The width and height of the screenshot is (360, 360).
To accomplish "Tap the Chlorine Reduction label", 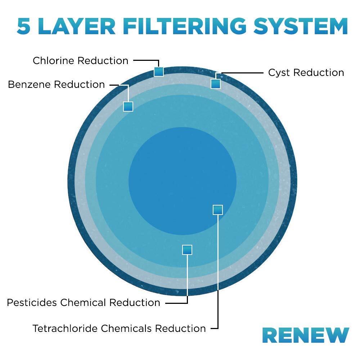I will [x=80, y=60].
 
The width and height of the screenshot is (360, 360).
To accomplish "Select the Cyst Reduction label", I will [x=306, y=73].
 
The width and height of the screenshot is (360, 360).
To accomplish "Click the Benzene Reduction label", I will [x=56, y=85].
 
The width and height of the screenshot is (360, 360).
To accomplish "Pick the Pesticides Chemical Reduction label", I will [x=84, y=302].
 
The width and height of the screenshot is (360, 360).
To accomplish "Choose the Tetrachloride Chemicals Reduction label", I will [x=119, y=328].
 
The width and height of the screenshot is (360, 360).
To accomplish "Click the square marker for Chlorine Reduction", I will [x=158, y=72].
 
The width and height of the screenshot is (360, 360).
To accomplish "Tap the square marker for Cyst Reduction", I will [x=215, y=84].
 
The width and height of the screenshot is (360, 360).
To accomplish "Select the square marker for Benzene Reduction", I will [x=128, y=107].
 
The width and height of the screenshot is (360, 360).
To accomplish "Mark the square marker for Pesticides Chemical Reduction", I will [x=187, y=249].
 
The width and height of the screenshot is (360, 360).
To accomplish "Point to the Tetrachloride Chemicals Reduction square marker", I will [x=218, y=210].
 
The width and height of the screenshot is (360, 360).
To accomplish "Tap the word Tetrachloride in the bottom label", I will [x=65, y=328].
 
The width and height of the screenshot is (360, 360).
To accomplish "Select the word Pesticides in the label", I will [x=32, y=302].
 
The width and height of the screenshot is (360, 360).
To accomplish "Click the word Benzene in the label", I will [x=29, y=85].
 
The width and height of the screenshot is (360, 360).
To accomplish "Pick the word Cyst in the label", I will [x=279, y=73].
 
